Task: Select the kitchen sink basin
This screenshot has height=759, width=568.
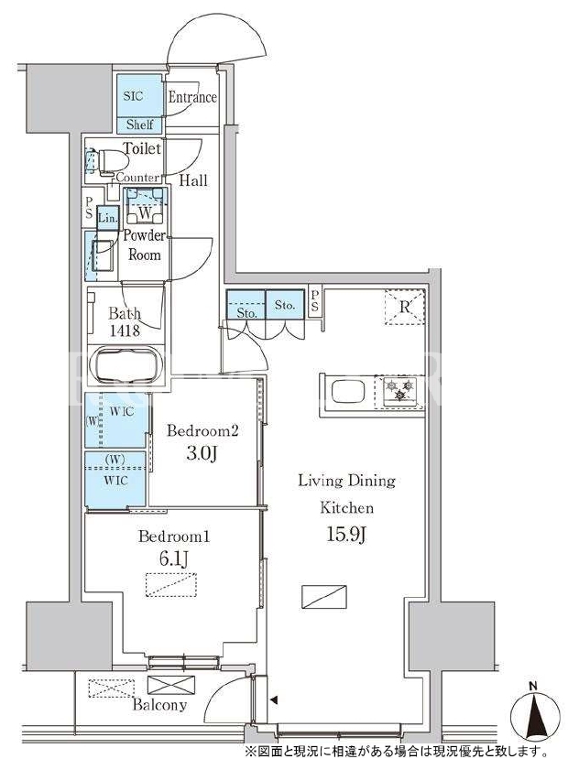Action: (348, 391)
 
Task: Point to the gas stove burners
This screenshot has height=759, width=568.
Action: (400, 391)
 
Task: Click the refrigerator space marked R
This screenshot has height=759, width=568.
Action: (404, 307)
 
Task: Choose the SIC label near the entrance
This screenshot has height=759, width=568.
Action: (133, 96)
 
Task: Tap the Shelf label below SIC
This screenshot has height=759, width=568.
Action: (139, 125)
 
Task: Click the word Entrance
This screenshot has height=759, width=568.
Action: (192, 97)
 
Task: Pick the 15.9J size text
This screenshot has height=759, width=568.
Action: (347, 535)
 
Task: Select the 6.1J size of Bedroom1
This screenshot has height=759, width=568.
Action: (173, 559)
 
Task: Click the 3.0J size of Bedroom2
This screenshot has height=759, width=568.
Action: (202, 453)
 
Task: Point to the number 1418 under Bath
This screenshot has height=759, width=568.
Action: (125, 331)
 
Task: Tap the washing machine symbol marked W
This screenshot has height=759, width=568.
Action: (145, 212)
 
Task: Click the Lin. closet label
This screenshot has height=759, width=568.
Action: (107, 218)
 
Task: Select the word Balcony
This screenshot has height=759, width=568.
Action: (159, 705)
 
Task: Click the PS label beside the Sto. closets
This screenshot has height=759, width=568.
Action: (315, 301)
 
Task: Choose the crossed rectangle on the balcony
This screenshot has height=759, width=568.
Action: (171, 686)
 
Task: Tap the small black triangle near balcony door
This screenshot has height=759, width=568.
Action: (274, 699)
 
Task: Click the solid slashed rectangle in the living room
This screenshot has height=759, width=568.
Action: (324, 597)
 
